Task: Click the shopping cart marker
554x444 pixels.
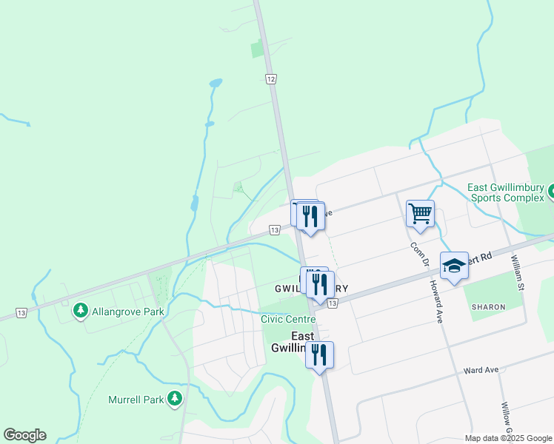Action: (x=420, y=213)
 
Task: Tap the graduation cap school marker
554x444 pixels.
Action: (x=453, y=265)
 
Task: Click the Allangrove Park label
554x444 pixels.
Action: (x=127, y=312)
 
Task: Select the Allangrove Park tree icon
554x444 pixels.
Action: (x=79, y=311)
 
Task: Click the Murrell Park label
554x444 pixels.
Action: (x=136, y=400)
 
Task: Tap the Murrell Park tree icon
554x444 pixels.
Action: (x=175, y=399)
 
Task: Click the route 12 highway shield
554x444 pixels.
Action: (x=271, y=78)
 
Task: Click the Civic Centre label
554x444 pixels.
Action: (x=288, y=319)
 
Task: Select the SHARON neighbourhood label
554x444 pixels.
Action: (x=487, y=306)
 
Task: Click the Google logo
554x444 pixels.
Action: (x=24, y=435)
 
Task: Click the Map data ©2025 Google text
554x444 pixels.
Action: (x=507, y=437)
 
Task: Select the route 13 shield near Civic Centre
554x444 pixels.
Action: (x=333, y=303)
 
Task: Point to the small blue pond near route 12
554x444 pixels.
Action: (x=215, y=83)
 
